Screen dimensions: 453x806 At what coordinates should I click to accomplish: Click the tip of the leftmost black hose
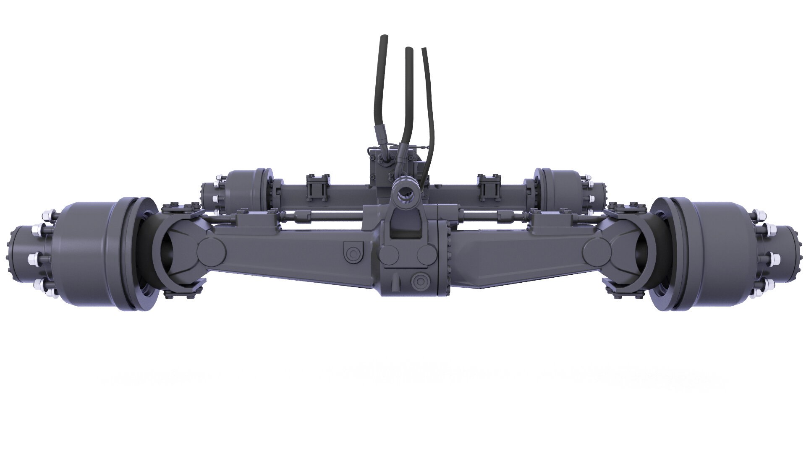(383, 38)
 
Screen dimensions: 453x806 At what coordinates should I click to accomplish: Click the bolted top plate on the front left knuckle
(181, 208)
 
